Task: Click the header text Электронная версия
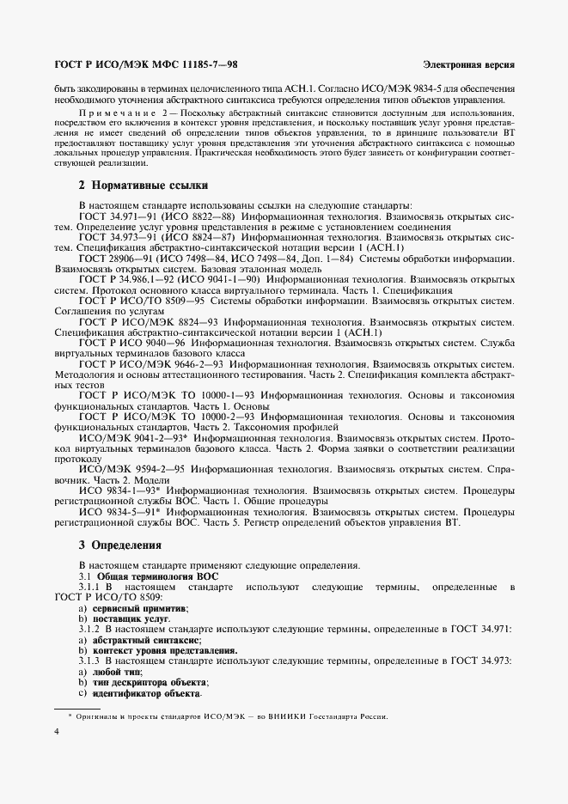pos(469,65)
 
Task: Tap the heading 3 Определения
pos(119,545)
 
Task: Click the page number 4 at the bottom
pos(56,731)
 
